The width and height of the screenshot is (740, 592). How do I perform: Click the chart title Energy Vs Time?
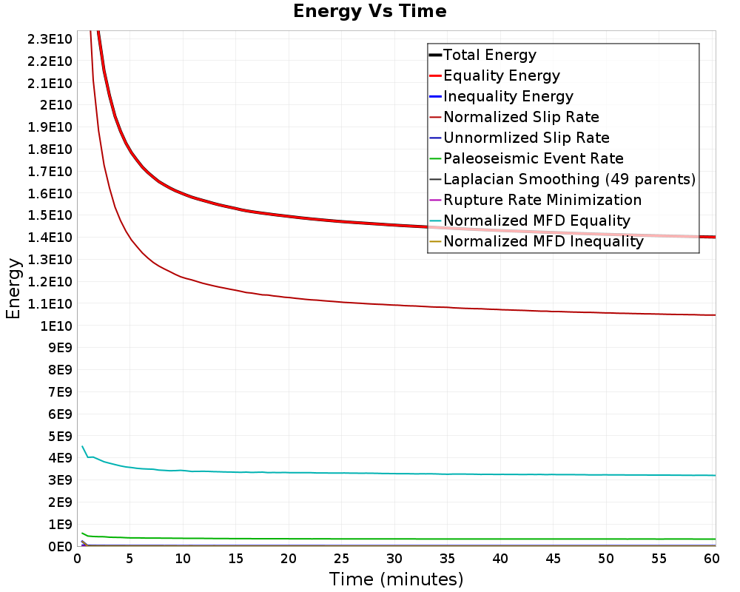[369, 11]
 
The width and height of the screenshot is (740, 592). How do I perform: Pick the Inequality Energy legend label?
[508, 96]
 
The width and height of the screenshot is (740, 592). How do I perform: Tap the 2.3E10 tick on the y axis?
[50, 39]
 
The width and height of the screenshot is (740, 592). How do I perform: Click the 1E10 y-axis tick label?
[56, 326]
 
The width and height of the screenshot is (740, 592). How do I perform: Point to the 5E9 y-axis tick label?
[60, 437]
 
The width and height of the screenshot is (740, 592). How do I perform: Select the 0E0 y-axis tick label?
[60, 547]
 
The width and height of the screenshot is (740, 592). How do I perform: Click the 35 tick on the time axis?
[447, 559]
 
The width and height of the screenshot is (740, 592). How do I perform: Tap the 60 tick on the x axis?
[712, 559]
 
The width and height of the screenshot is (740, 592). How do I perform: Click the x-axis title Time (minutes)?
[396, 579]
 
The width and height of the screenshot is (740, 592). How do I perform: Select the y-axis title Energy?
[13, 289]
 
